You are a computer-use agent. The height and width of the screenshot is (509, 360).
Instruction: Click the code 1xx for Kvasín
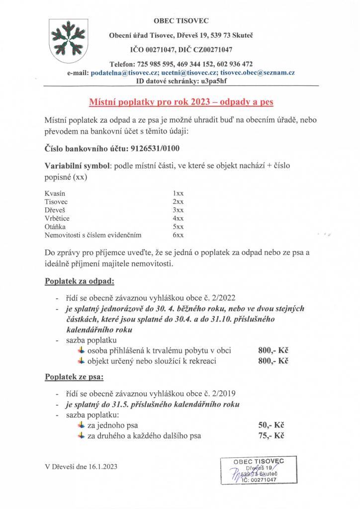[x=178, y=193]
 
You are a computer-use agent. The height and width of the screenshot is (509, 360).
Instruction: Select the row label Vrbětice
[x=57, y=218]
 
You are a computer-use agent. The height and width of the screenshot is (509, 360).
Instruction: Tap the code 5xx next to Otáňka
[x=178, y=227]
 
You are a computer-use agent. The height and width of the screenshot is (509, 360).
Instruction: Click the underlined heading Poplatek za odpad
[x=80, y=281]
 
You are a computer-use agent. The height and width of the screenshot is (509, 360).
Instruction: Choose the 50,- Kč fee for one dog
[x=270, y=425]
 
